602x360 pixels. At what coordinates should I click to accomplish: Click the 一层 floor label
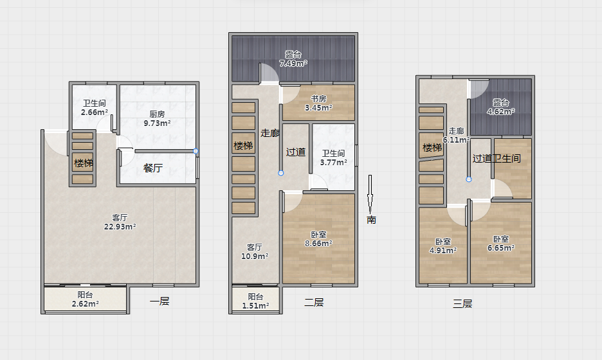coord(160,301)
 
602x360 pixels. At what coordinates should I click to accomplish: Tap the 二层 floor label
coord(314,302)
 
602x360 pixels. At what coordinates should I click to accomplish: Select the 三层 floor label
coord(462,303)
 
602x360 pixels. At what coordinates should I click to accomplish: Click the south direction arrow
coord(370,195)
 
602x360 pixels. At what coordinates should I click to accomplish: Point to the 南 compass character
coord(371,219)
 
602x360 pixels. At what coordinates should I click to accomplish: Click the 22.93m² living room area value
coord(120,227)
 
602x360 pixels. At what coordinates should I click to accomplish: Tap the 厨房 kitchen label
coord(157,114)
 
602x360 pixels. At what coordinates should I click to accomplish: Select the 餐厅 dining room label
coord(153,168)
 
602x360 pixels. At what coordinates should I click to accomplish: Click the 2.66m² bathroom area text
coord(95,113)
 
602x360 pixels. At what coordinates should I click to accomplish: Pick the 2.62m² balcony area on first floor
coord(86,304)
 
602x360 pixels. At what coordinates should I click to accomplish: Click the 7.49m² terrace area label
coord(293,64)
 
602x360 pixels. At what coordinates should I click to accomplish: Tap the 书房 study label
coord(318,98)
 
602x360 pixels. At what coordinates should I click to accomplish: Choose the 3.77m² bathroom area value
coord(334,163)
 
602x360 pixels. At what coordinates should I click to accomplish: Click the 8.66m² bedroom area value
coord(318,244)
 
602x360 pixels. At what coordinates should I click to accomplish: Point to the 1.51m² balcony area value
coord(255,306)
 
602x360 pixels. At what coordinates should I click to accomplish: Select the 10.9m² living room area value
coord(255,256)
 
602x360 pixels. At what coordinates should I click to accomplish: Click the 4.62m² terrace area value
coord(500,112)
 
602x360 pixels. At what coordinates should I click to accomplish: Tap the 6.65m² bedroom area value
coord(501,248)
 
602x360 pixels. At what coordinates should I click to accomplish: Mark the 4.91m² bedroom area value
coord(443,251)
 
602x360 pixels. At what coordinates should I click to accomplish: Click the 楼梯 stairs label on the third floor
coord(432,147)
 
